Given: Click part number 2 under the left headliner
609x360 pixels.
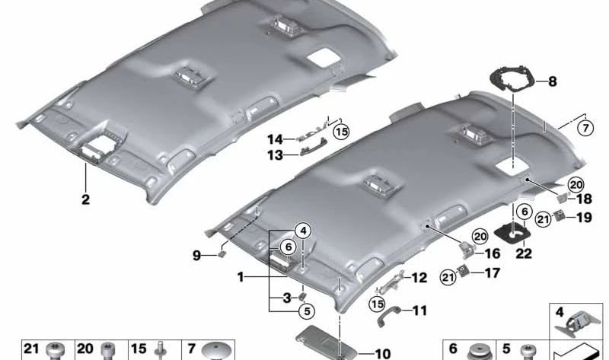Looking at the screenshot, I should coord(85,199).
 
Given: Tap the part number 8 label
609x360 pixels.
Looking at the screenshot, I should coord(552,80).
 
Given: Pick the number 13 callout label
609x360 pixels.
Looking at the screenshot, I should coord(273,156).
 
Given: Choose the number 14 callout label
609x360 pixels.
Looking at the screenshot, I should coord(273,139).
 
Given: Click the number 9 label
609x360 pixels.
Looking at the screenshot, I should coord(197,256).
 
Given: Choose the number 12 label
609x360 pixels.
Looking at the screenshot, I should coord(419,278).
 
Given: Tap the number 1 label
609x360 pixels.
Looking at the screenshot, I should coord(241,279).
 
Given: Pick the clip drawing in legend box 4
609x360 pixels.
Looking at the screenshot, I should coord(576,326).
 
